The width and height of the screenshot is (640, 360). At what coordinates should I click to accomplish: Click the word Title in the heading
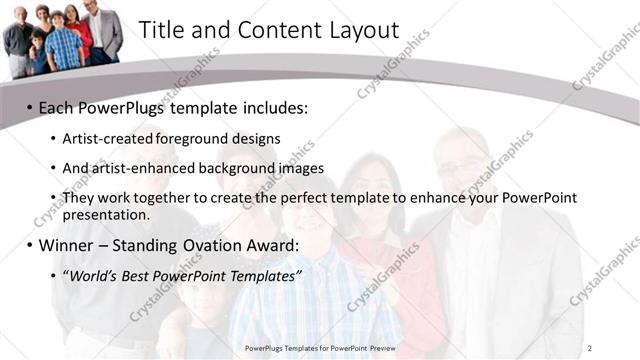point(161,30)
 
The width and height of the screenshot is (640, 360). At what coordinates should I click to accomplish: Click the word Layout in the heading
point(360,30)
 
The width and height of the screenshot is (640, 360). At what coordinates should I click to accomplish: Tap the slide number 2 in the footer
point(591,347)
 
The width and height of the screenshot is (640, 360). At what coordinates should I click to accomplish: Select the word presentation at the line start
point(105,214)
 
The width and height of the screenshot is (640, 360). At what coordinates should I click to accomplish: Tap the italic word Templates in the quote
point(267,275)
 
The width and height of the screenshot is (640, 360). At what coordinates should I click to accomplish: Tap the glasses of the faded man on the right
point(463,166)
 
